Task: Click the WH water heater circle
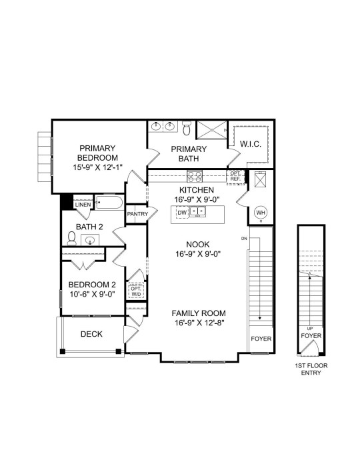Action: pos(261,213)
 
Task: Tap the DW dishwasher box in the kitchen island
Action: pos(182,213)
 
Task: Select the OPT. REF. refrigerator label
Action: pos(235,176)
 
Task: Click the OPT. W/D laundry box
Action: pos(136,291)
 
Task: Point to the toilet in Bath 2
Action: pos(71,239)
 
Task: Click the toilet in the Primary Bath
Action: pos(187,128)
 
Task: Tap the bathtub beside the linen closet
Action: pos(109,203)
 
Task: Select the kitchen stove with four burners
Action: pos(195,176)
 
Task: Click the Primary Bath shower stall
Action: pos(212,129)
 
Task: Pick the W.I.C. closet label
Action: pos(251,145)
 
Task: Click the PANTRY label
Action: pos(137,214)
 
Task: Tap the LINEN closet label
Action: pos(83,205)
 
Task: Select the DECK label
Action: pos(91,334)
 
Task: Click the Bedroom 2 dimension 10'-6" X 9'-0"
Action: pos(92,294)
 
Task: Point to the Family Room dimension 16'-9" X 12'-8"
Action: pos(199,323)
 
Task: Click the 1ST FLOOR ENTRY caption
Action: pos(311,369)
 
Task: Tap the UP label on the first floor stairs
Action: pos(310,329)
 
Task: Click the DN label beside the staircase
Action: pos(244,239)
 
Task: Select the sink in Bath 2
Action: pos(90,239)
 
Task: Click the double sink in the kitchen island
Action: pos(198,212)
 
